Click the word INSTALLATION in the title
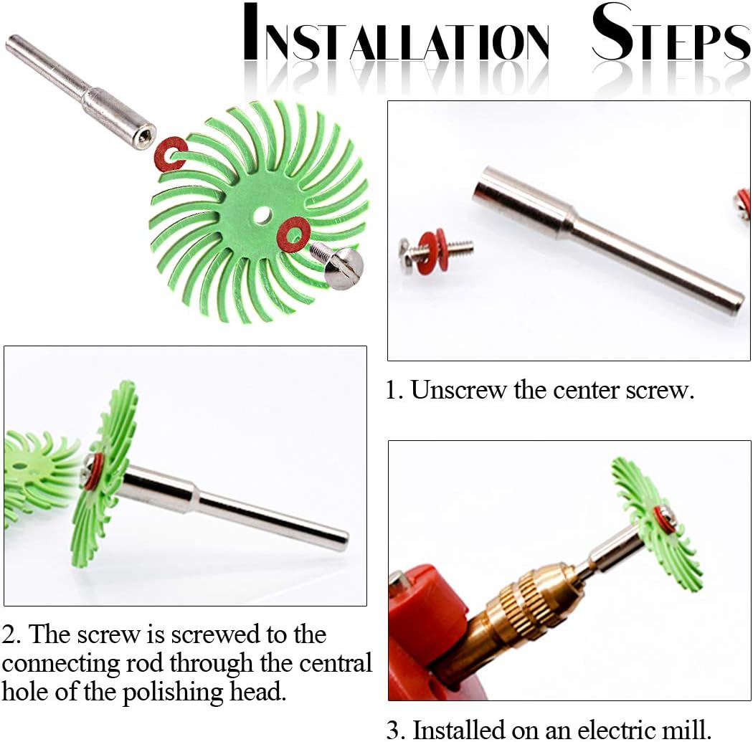[396, 33]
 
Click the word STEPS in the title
[671, 33]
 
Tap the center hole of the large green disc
[262, 214]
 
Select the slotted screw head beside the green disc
[344, 269]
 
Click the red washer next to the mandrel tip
[171, 153]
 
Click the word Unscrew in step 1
[458, 389]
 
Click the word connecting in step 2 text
[61, 665]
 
